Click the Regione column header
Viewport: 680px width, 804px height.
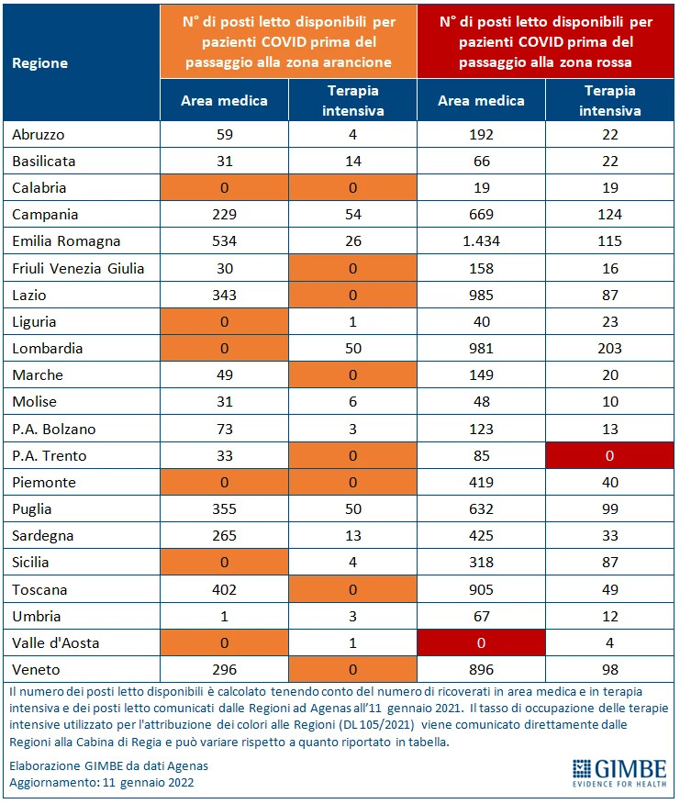pyautogui.click(x=40, y=63)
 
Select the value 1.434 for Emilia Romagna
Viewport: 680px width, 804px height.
pyautogui.click(x=481, y=241)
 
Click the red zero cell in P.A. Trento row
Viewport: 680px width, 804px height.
pyautogui.click(x=609, y=456)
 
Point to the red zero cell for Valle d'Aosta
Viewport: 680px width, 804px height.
pyautogui.click(x=481, y=643)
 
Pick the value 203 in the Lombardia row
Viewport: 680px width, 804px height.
pyautogui.click(x=609, y=349)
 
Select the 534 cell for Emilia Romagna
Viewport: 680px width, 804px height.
pyautogui.click(x=224, y=241)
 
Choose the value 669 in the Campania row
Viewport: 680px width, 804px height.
pyautogui.click(x=481, y=215)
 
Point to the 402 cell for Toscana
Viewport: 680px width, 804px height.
pyautogui.click(x=224, y=590)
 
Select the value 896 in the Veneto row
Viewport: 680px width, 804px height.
pyautogui.click(x=481, y=670)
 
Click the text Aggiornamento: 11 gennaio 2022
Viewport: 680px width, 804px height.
pyautogui.click(x=102, y=783)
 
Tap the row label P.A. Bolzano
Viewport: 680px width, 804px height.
pyautogui.click(x=53, y=430)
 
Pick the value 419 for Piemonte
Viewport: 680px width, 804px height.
pyautogui.click(x=481, y=483)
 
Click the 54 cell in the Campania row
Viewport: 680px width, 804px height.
pyautogui.click(x=352, y=215)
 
